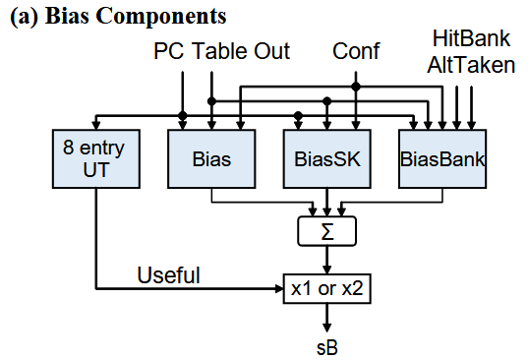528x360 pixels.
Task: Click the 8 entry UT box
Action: point(95,157)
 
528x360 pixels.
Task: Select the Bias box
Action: point(211,157)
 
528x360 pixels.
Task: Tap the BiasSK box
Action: point(325,157)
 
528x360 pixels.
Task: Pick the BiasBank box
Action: point(443,157)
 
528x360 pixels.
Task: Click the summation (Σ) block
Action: point(325,232)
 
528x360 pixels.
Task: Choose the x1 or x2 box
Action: point(325,288)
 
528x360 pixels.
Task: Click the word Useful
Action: point(169,276)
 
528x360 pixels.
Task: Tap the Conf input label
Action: point(356,51)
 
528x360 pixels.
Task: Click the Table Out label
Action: point(242,51)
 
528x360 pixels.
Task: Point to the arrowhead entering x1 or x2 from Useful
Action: point(278,289)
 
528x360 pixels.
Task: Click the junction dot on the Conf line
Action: point(356,87)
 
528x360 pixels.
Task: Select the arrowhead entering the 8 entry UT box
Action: point(95,123)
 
